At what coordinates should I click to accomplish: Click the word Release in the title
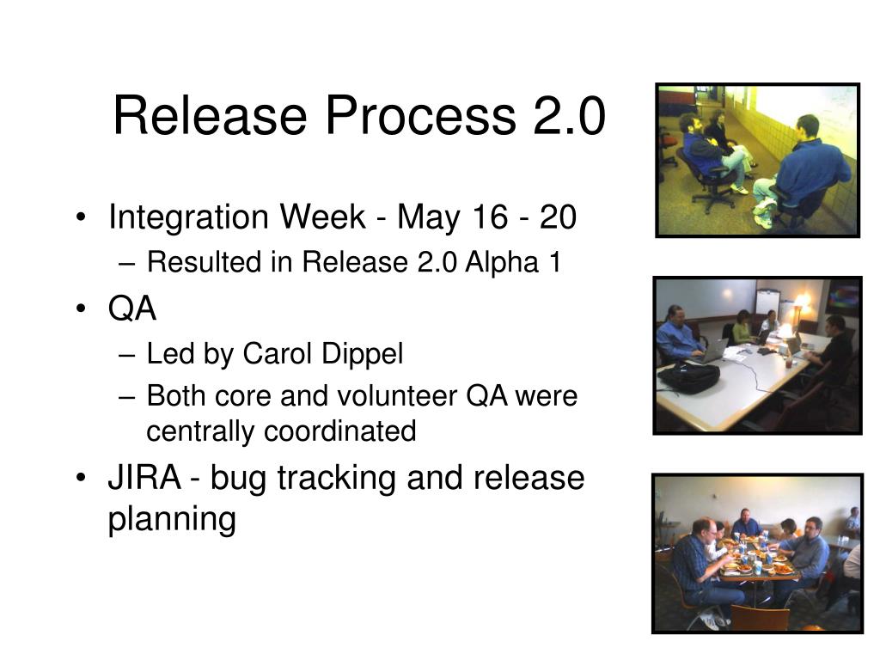(x=210, y=115)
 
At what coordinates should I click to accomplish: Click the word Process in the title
(x=420, y=115)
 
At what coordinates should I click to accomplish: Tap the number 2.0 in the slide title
(x=569, y=115)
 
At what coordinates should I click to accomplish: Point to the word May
(x=428, y=217)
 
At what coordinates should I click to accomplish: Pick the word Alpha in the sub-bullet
(x=502, y=263)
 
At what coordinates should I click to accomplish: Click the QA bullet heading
(x=131, y=309)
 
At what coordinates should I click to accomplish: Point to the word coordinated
(x=340, y=431)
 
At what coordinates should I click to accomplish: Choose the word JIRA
(x=144, y=478)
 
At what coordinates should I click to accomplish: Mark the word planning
(x=172, y=519)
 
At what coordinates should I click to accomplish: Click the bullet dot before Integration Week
(x=82, y=217)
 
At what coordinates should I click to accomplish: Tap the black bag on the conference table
(x=689, y=377)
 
